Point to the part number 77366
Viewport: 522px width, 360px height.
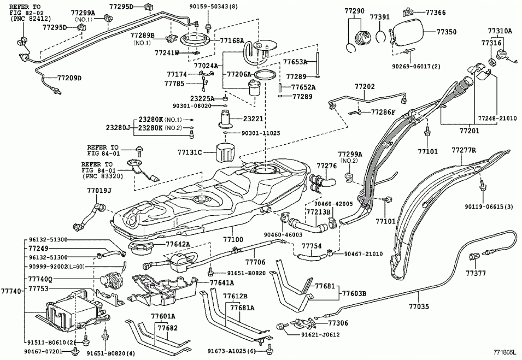coord(435,11)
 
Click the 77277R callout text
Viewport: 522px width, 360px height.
coord(464,150)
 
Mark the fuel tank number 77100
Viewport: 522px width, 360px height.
coord(233,239)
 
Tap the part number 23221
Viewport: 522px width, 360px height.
coord(254,118)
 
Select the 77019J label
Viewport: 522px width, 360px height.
coord(99,191)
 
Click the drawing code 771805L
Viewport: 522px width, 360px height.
coord(505,354)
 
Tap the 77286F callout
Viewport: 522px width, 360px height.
coord(383,112)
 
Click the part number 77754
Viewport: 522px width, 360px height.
coord(312,246)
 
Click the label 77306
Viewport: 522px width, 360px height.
coord(337,323)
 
